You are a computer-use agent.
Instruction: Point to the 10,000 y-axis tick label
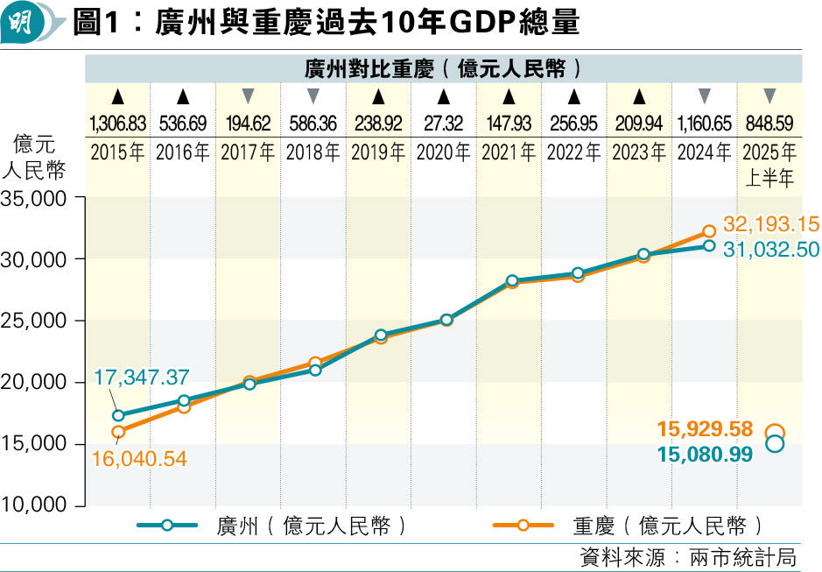pos(39,505)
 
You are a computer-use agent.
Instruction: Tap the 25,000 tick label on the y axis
pos(39,321)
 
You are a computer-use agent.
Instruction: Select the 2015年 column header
pos(117,152)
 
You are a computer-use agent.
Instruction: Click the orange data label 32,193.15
pos(770,222)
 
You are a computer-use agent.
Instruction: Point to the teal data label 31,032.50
pos(770,249)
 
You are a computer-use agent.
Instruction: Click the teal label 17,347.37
pos(142,378)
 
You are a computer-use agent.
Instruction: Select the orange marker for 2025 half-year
pos(775,432)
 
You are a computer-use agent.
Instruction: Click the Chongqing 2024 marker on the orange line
pos(709,232)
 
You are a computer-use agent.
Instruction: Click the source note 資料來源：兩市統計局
pos(688,557)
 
